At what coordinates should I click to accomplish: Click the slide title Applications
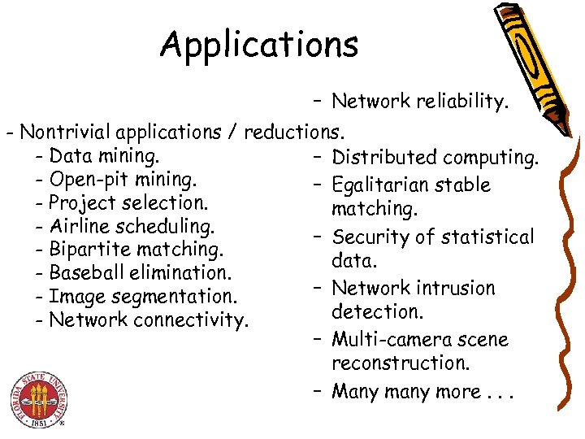pos(259,45)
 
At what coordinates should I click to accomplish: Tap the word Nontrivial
pos(66,131)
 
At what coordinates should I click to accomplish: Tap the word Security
pos(370,237)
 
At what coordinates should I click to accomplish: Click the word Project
pos(81,202)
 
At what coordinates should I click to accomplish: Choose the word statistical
pos(487,237)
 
